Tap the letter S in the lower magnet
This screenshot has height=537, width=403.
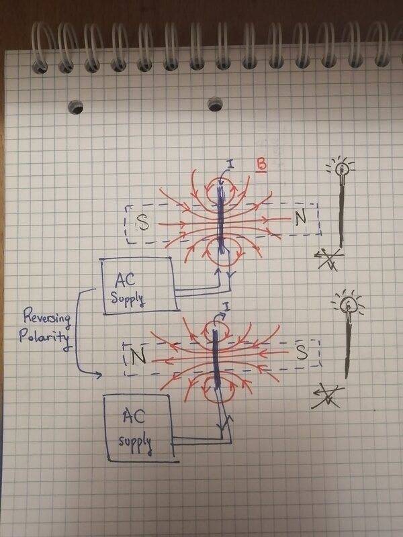point(302,350)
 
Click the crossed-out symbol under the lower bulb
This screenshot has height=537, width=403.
point(330,397)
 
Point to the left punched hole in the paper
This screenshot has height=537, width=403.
point(77,107)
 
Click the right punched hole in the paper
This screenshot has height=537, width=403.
point(216,104)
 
